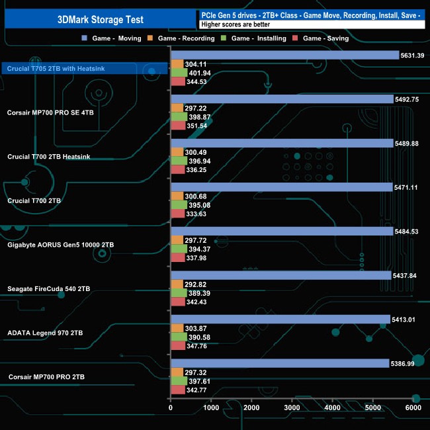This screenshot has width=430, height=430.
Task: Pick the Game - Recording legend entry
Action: pos(187,38)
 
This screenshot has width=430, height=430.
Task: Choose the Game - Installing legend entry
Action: pos(259,38)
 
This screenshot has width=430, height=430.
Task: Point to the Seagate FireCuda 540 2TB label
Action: pos(49,289)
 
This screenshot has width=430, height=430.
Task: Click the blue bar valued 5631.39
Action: pos(284,55)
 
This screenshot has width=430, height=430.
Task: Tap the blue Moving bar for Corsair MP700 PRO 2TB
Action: pos(279,363)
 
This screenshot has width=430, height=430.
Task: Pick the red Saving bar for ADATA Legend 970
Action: pos(178,346)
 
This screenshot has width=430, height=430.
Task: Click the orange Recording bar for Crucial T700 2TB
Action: pos(177,196)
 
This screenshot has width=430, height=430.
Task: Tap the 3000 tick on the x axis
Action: pos(292,409)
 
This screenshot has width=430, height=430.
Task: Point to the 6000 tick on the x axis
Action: pos(413,409)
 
